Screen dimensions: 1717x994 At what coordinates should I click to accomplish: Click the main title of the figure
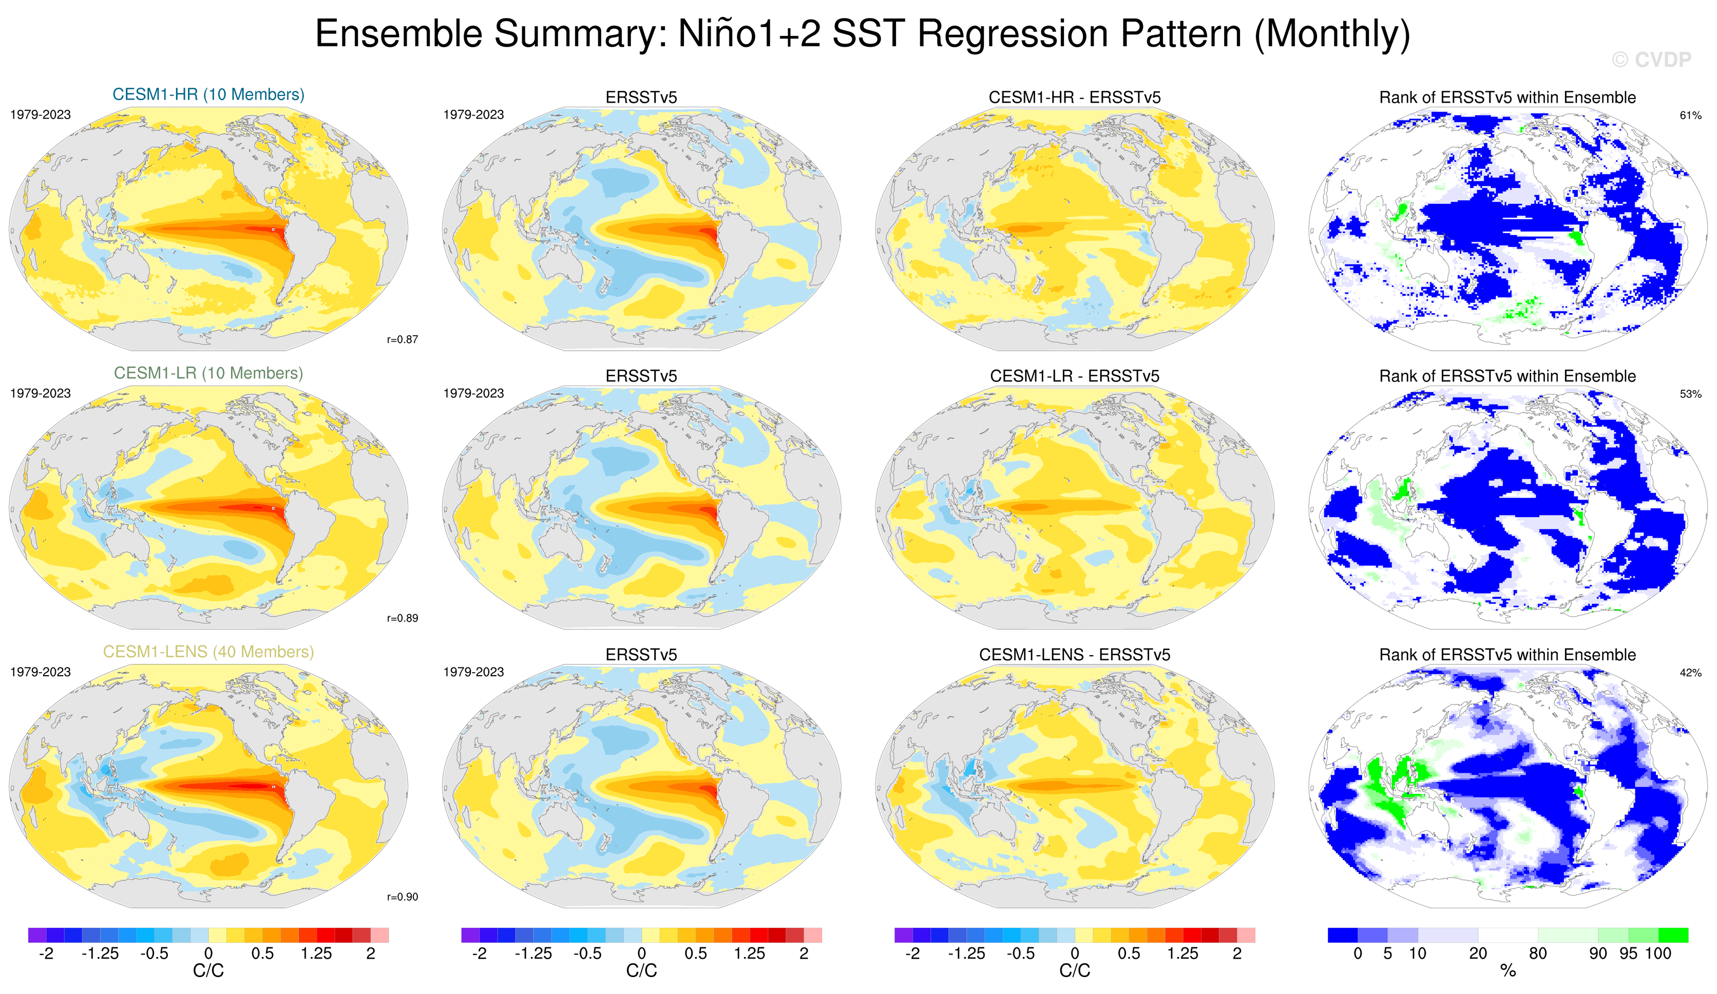tap(863, 33)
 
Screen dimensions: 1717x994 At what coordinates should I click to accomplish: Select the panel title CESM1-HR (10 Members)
tap(208, 94)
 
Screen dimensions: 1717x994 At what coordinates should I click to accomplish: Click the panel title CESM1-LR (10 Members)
tap(208, 373)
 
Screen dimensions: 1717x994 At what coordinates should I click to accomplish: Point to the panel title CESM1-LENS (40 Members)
tap(208, 652)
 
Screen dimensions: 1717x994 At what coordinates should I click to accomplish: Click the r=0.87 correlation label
tap(403, 339)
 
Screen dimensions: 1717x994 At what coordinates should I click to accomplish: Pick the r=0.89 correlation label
tap(403, 618)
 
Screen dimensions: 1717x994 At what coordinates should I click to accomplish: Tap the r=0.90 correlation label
tap(403, 896)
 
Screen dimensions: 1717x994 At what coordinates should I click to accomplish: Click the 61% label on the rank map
tap(1690, 115)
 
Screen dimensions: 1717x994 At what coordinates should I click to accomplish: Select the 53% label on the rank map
tap(1690, 394)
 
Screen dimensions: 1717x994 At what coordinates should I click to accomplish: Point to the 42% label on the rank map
tap(1690, 673)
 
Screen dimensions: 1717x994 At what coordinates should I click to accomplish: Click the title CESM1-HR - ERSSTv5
tap(1075, 98)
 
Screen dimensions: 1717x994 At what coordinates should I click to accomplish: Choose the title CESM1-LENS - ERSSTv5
tap(1075, 655)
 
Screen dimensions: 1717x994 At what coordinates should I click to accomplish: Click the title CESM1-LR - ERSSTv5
tap(1075, 376)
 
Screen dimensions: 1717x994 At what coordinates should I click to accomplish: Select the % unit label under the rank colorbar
tap(1508, 971)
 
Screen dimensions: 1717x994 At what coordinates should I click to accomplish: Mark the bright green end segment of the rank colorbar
tap(1673, 935)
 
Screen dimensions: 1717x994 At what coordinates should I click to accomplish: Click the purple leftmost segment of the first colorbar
tap(37, 935)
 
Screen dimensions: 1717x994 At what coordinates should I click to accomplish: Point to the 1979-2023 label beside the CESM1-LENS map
tap(40, 672)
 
